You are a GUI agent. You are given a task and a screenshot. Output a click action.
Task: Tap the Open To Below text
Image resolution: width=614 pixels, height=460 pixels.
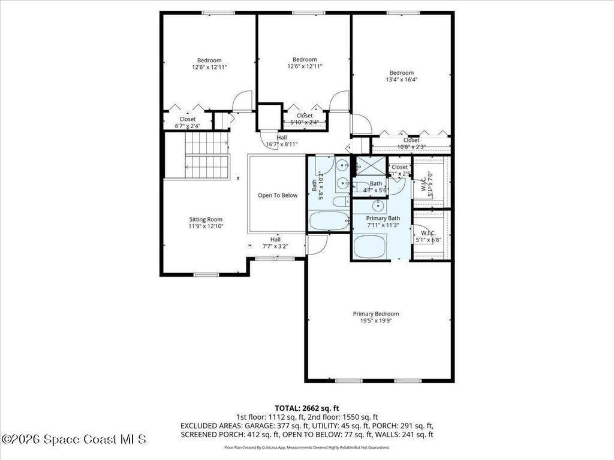[x=278, y=195]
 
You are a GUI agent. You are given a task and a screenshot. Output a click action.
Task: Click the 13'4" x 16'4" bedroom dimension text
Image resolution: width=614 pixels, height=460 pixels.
[x=401, y=79]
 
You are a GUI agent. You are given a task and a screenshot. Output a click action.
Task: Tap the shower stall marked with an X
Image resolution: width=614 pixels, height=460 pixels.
[x=370, y=165]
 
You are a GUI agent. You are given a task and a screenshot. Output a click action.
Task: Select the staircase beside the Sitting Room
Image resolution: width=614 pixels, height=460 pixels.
[x=206, y=156]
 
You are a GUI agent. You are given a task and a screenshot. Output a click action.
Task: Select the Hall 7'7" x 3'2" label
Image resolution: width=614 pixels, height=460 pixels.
[x=275, y=243]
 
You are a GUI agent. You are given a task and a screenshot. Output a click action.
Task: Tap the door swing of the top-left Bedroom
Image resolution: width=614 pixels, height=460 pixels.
[x=242, y=101]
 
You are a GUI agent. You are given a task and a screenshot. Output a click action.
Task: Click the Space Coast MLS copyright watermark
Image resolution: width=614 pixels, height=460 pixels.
[x=73, y=439]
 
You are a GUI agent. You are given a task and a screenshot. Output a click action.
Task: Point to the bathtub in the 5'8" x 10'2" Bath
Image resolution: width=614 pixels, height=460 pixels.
[x=329, y=221]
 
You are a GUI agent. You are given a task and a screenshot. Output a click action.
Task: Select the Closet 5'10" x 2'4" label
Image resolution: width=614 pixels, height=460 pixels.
[x=304, y=119]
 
